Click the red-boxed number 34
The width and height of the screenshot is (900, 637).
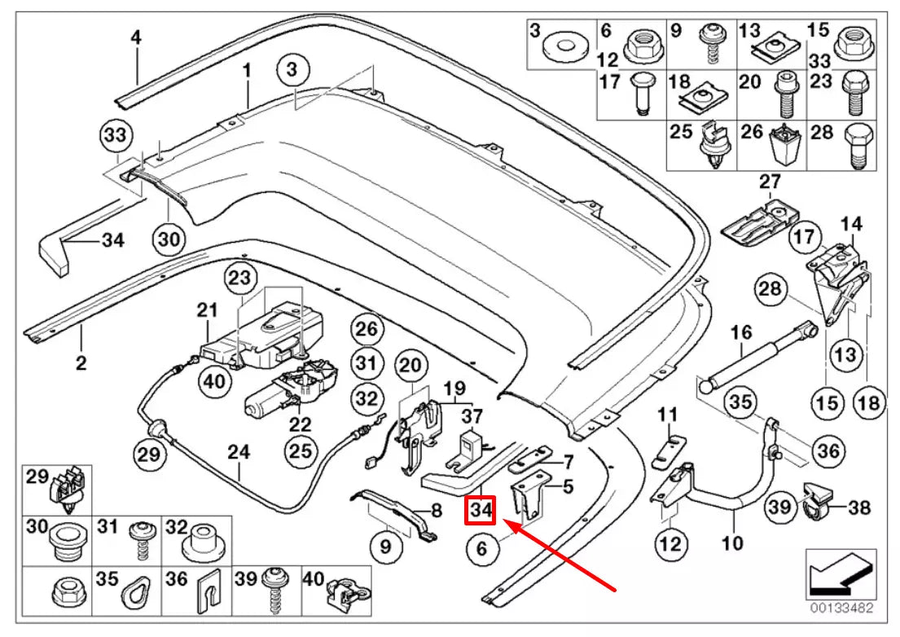pyautogui.click(x=481, y=511)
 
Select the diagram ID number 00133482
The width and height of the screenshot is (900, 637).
pyautogui.click(x=840, y=608)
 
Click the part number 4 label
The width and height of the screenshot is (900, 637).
pyautogui.click(x=136, y=37)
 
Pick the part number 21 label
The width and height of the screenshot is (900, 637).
pyautogui.click(x=208, y=310)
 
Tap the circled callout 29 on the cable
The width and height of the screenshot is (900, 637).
pyautogui.click(x=151, y=454)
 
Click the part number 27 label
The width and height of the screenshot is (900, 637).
pyautogui.click(x=770, y=181)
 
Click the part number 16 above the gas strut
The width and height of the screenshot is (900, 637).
pyautogui.click(x=741, y=332)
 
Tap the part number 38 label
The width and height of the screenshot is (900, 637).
pyautogui.click(x=858, y=508)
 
